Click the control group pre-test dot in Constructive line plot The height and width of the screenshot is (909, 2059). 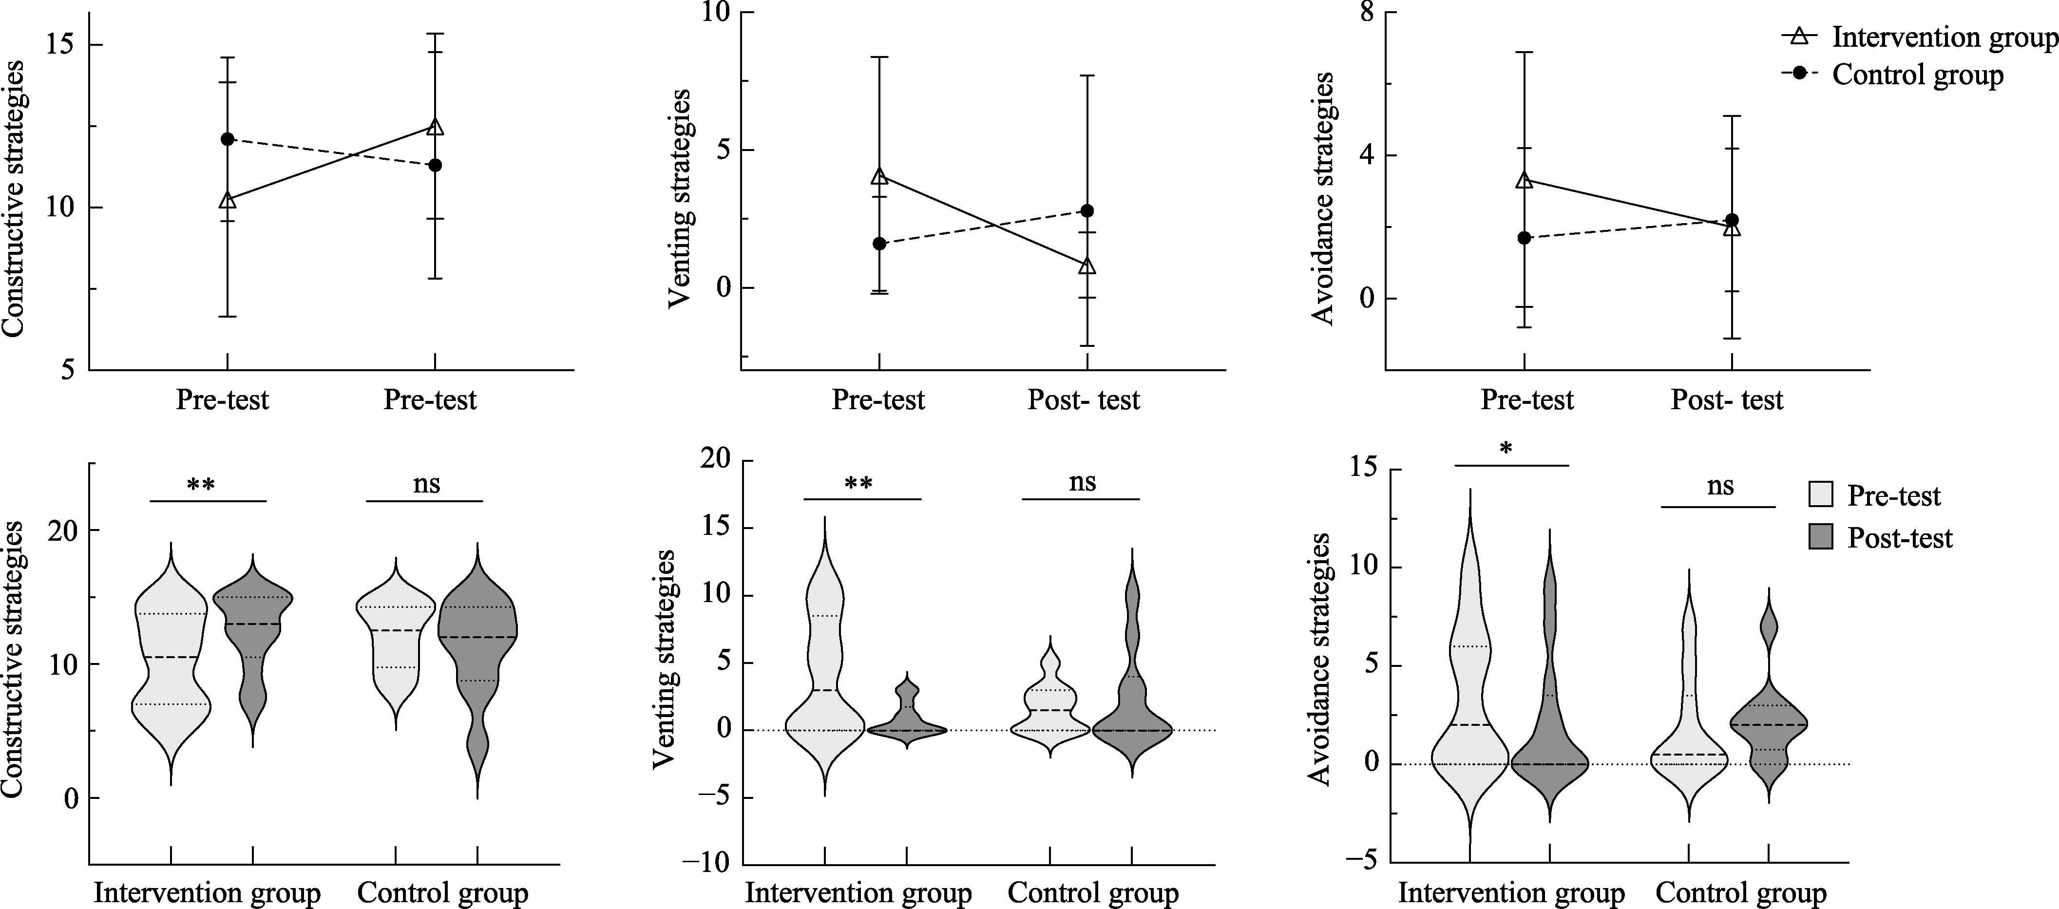coord(228,139)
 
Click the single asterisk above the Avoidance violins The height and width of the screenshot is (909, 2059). coord(1506,449)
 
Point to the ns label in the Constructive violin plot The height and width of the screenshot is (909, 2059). coord(426,485)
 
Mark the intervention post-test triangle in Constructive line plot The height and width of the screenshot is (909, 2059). coord(435,127)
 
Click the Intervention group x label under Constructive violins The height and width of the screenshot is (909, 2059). coord(207,893)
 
